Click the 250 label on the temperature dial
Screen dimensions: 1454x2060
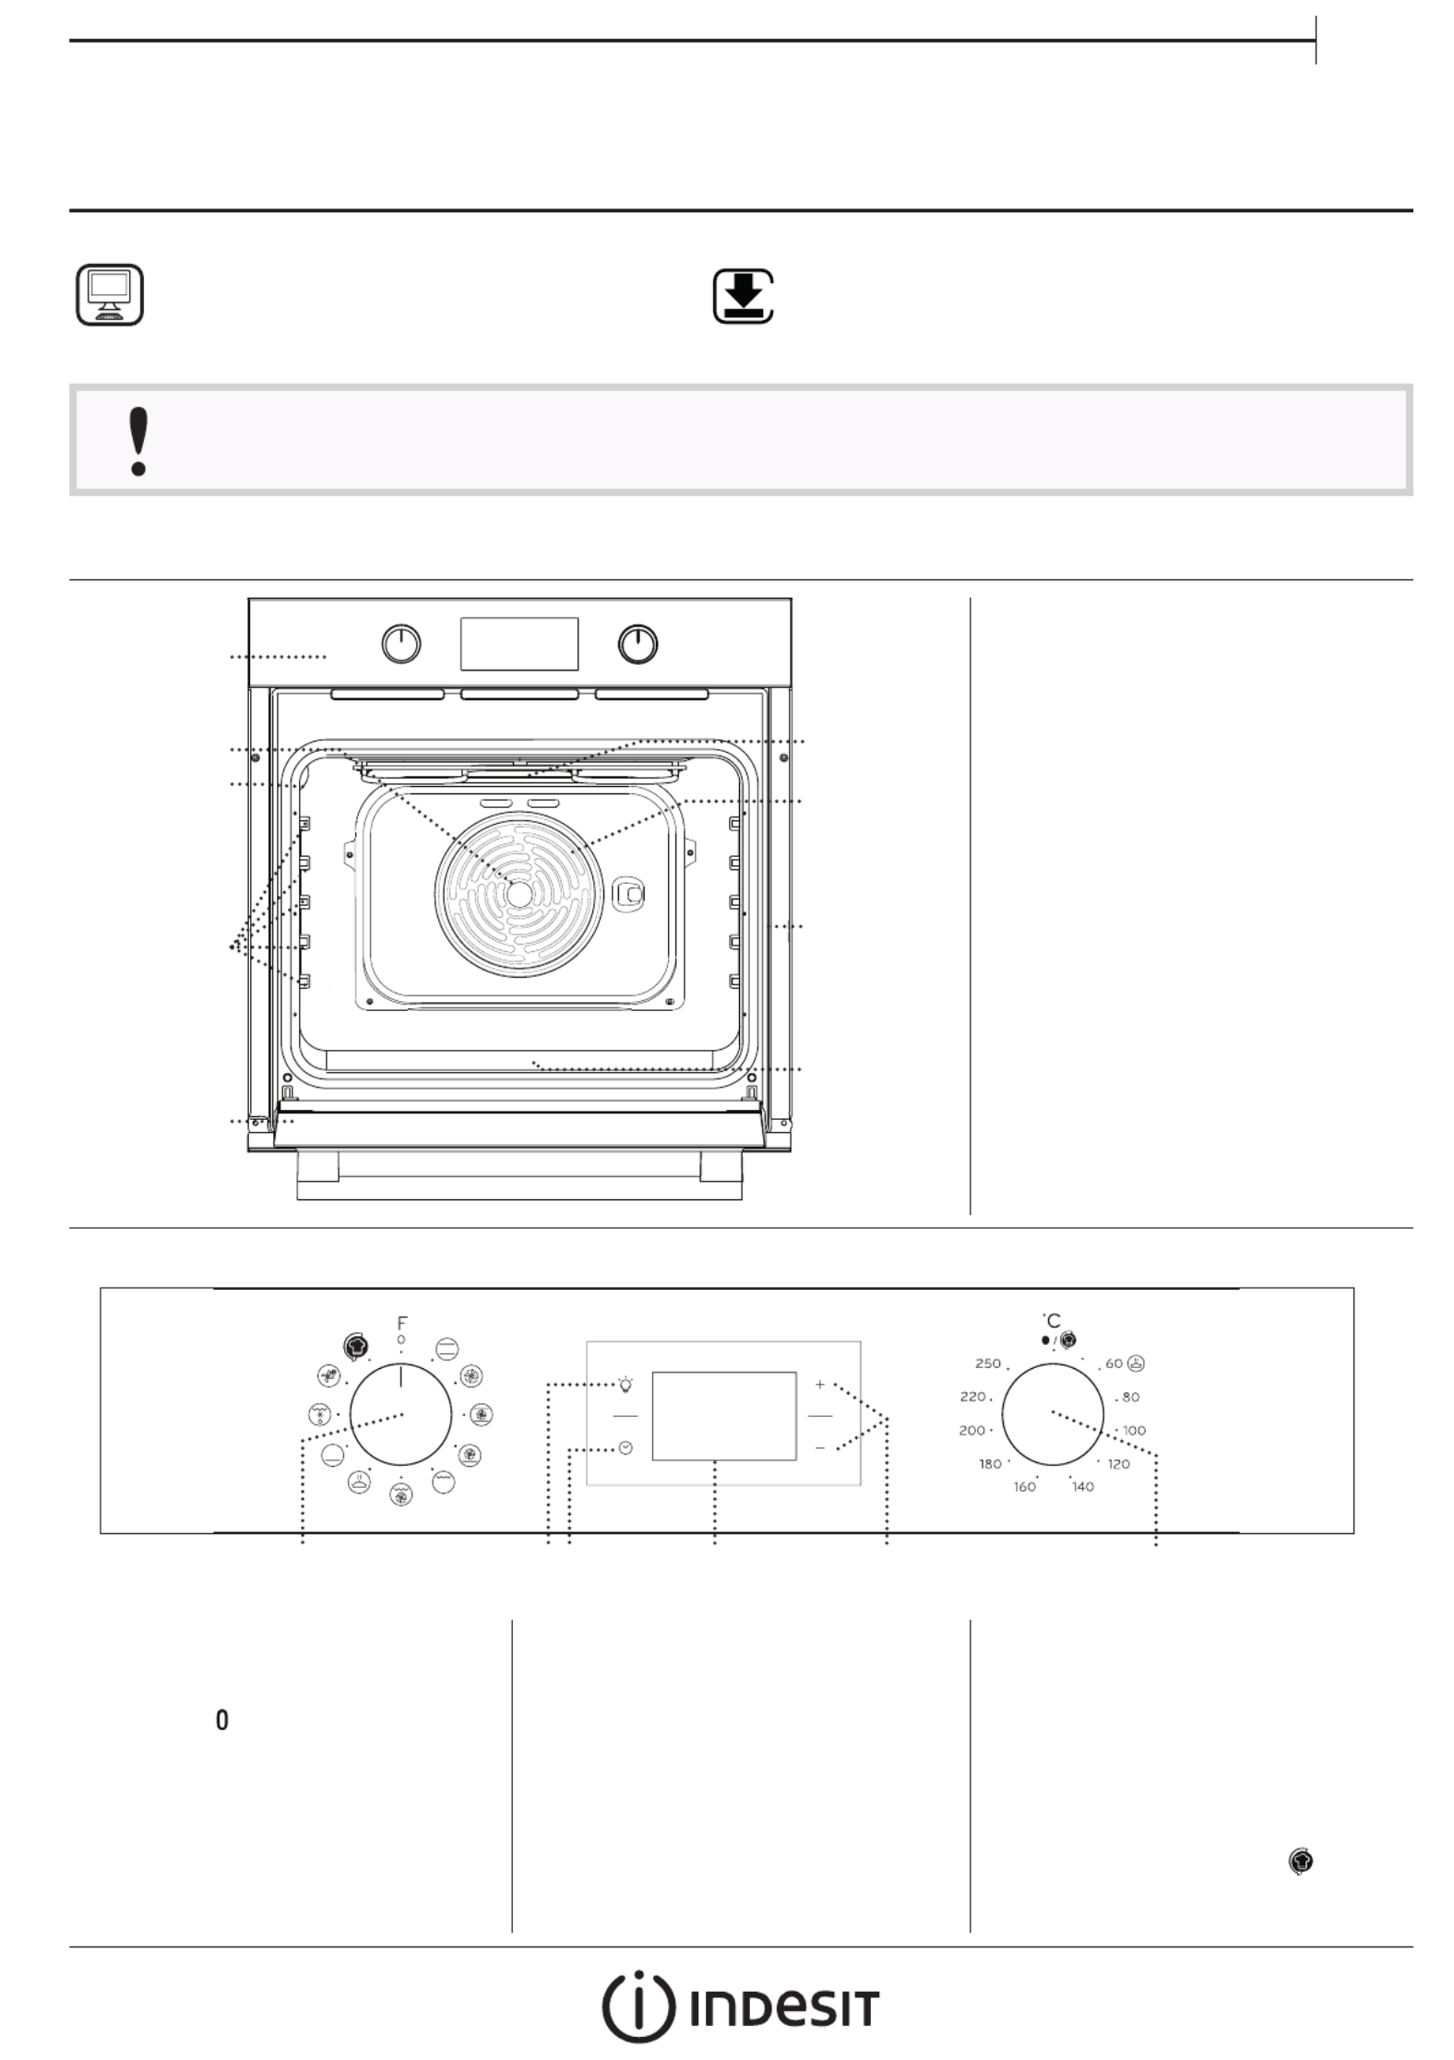pos(987,1363)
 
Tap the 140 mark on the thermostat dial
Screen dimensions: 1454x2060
pos(1082,1487)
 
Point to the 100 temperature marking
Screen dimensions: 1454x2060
pos(1134,1431)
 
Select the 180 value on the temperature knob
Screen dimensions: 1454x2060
pos(990,1464)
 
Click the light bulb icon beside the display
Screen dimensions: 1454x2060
pos(626,1384)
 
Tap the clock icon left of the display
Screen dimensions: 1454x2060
pos(626,1447)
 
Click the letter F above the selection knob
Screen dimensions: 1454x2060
pos(401,1322)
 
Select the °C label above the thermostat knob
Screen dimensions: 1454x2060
pos(1052,1320)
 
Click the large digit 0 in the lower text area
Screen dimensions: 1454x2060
pos(221,1721)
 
